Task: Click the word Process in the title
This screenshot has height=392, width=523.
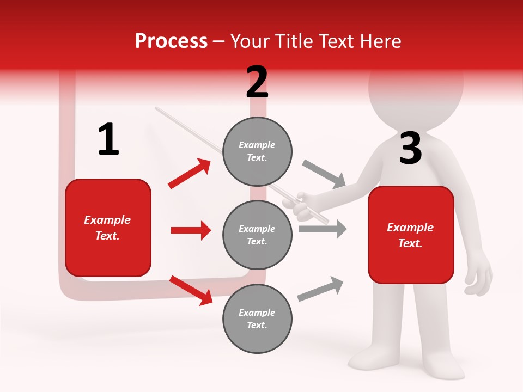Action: pos(171,41)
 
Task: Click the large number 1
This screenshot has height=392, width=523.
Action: pos(108,139)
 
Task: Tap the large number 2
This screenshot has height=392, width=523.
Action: pos(257,82)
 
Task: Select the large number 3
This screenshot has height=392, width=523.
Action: pos(410,148)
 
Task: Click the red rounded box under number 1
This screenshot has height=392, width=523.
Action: pos(108,228)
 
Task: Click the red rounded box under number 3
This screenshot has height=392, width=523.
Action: pos(411,235)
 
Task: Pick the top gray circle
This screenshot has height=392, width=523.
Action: pos(257,151)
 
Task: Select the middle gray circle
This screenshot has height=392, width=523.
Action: pos(257,235)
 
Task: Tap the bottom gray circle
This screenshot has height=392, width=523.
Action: pos(257,318)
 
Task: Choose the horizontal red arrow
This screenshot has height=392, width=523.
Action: pos(191,230)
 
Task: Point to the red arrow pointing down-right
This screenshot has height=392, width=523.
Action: pos(191,290)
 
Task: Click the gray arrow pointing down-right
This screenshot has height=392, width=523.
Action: pos(324,174)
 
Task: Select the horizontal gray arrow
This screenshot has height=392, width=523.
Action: pos(323,229)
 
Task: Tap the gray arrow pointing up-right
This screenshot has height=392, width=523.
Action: pos(320,289)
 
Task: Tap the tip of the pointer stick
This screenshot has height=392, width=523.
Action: pos(157,108)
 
